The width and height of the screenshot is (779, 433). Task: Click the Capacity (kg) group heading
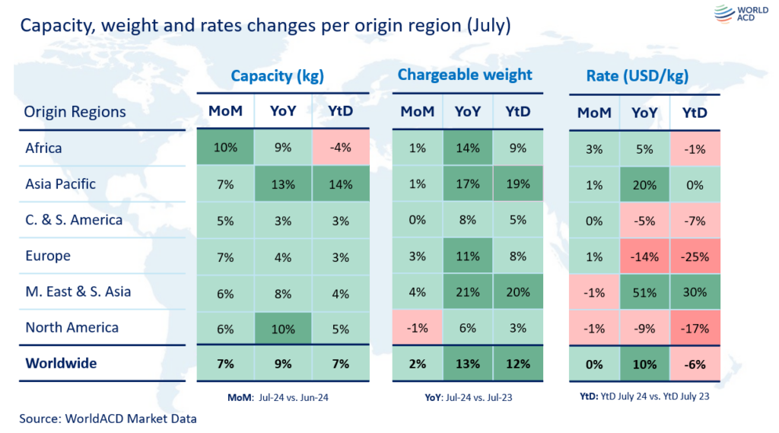point(278,75)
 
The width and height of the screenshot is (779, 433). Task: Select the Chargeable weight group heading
point(465,75)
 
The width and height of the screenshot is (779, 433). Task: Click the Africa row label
point(43,148)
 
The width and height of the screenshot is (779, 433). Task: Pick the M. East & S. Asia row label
point(78,291)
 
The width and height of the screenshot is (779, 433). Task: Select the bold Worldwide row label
point(61,363)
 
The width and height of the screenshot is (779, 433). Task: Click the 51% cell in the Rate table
point(645,292)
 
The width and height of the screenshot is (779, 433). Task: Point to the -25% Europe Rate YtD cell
point(695,256)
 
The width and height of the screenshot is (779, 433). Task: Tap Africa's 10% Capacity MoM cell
point(226,148)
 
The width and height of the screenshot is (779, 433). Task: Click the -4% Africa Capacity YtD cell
point(341,148)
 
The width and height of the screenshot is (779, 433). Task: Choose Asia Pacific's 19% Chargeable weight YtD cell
point(517,184)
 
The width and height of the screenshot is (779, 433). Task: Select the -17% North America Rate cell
point(695,328)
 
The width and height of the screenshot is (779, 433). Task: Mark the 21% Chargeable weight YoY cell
point(467,292)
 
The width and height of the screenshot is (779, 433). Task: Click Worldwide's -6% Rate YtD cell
point(695,364)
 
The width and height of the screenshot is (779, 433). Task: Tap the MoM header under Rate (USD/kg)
point(594,112)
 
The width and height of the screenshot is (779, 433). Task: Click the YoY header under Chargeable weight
point(467,112)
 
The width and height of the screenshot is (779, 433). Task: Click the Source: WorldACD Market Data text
point(108,418)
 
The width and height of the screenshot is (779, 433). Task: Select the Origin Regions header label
point(75,112)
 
